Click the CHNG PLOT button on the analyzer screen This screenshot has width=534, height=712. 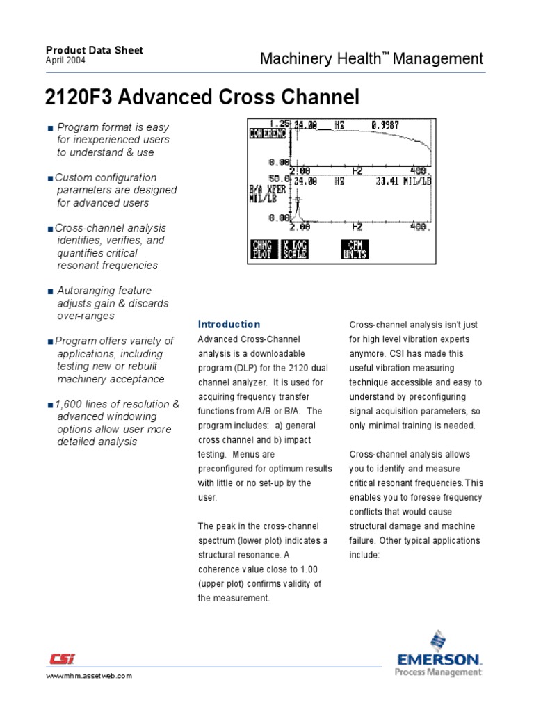(263, 249)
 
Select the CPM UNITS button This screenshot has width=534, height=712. (354, 249)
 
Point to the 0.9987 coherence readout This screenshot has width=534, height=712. (385, 126)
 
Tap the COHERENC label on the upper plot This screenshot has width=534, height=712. (268, 133)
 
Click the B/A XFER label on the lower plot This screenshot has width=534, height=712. (267, 188)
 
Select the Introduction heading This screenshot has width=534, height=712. (229, 325)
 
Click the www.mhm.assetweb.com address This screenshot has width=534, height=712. (88, 676)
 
